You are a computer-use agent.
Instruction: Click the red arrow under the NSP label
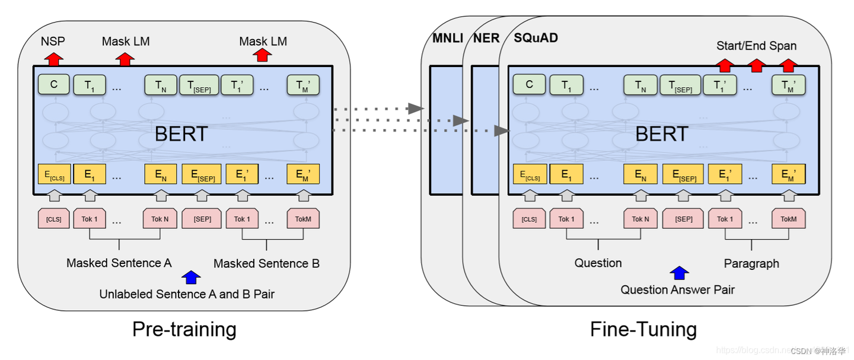pyautogui.click(x=54, y=58)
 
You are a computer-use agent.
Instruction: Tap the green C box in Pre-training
pyautogui.click(x=54, y=85)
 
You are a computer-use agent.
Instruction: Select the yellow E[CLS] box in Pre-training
pyautogui.click(x=54, y=174)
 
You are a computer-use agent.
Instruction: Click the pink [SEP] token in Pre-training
pyautogui.click(x=202, y=219)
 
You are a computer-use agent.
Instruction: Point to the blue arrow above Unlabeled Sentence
pyautogui.click(x=190, y=277)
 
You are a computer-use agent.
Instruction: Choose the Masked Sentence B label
pyautogui.click(x=266, y=263)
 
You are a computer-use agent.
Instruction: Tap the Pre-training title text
pyautogui.click(x=184, y=329)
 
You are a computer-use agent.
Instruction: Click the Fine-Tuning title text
pyautogui.click(x=643, y=329)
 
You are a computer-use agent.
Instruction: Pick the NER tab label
pyautogui.click(x=486, y=39)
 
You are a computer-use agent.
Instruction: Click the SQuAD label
pyautogui.click(x=536, y=39)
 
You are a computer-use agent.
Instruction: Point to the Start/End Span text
pyautogui.click(x=756, y=46)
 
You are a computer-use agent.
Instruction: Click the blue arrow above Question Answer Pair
pyautogui.click(x=679, y=273)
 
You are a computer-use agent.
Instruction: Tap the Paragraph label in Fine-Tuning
pyautogui.click(x=751, y=263)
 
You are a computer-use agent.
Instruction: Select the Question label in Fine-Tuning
pyautogui.click(x=598, y=263)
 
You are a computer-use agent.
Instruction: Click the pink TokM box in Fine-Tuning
pyautogui.click(x=788, y=219)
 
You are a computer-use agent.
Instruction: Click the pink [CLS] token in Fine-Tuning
pyautogui.click(x=529, y=219)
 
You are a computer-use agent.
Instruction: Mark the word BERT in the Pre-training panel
pyautogui.click(x=181, y=134)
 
